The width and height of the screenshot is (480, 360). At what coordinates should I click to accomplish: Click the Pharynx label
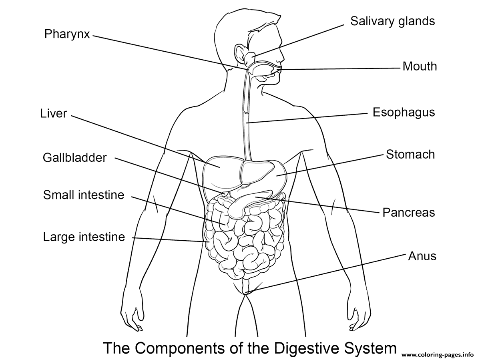pos(67,34)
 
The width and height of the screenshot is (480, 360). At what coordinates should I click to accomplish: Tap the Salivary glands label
pos(392,22)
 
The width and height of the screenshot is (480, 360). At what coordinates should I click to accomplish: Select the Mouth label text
pos(420,66)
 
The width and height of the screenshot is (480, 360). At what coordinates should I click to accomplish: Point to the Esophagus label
pos(404,113)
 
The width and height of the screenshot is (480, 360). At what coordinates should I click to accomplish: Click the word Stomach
pos(410,154)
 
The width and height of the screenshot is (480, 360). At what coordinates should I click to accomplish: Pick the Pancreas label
pos(409,213)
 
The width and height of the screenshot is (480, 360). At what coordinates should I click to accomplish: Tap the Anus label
pos(422,256)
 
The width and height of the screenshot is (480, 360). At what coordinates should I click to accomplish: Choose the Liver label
pos(53,113)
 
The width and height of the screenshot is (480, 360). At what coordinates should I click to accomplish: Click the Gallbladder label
pos(75,158)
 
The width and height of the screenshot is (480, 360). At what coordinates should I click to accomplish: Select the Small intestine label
pos(84,195)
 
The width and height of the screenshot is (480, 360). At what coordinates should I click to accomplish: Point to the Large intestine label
pos(84,237)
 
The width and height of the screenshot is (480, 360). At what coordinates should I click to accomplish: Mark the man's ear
pos(242,54)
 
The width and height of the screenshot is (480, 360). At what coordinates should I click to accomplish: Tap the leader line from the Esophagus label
pos(307,118)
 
